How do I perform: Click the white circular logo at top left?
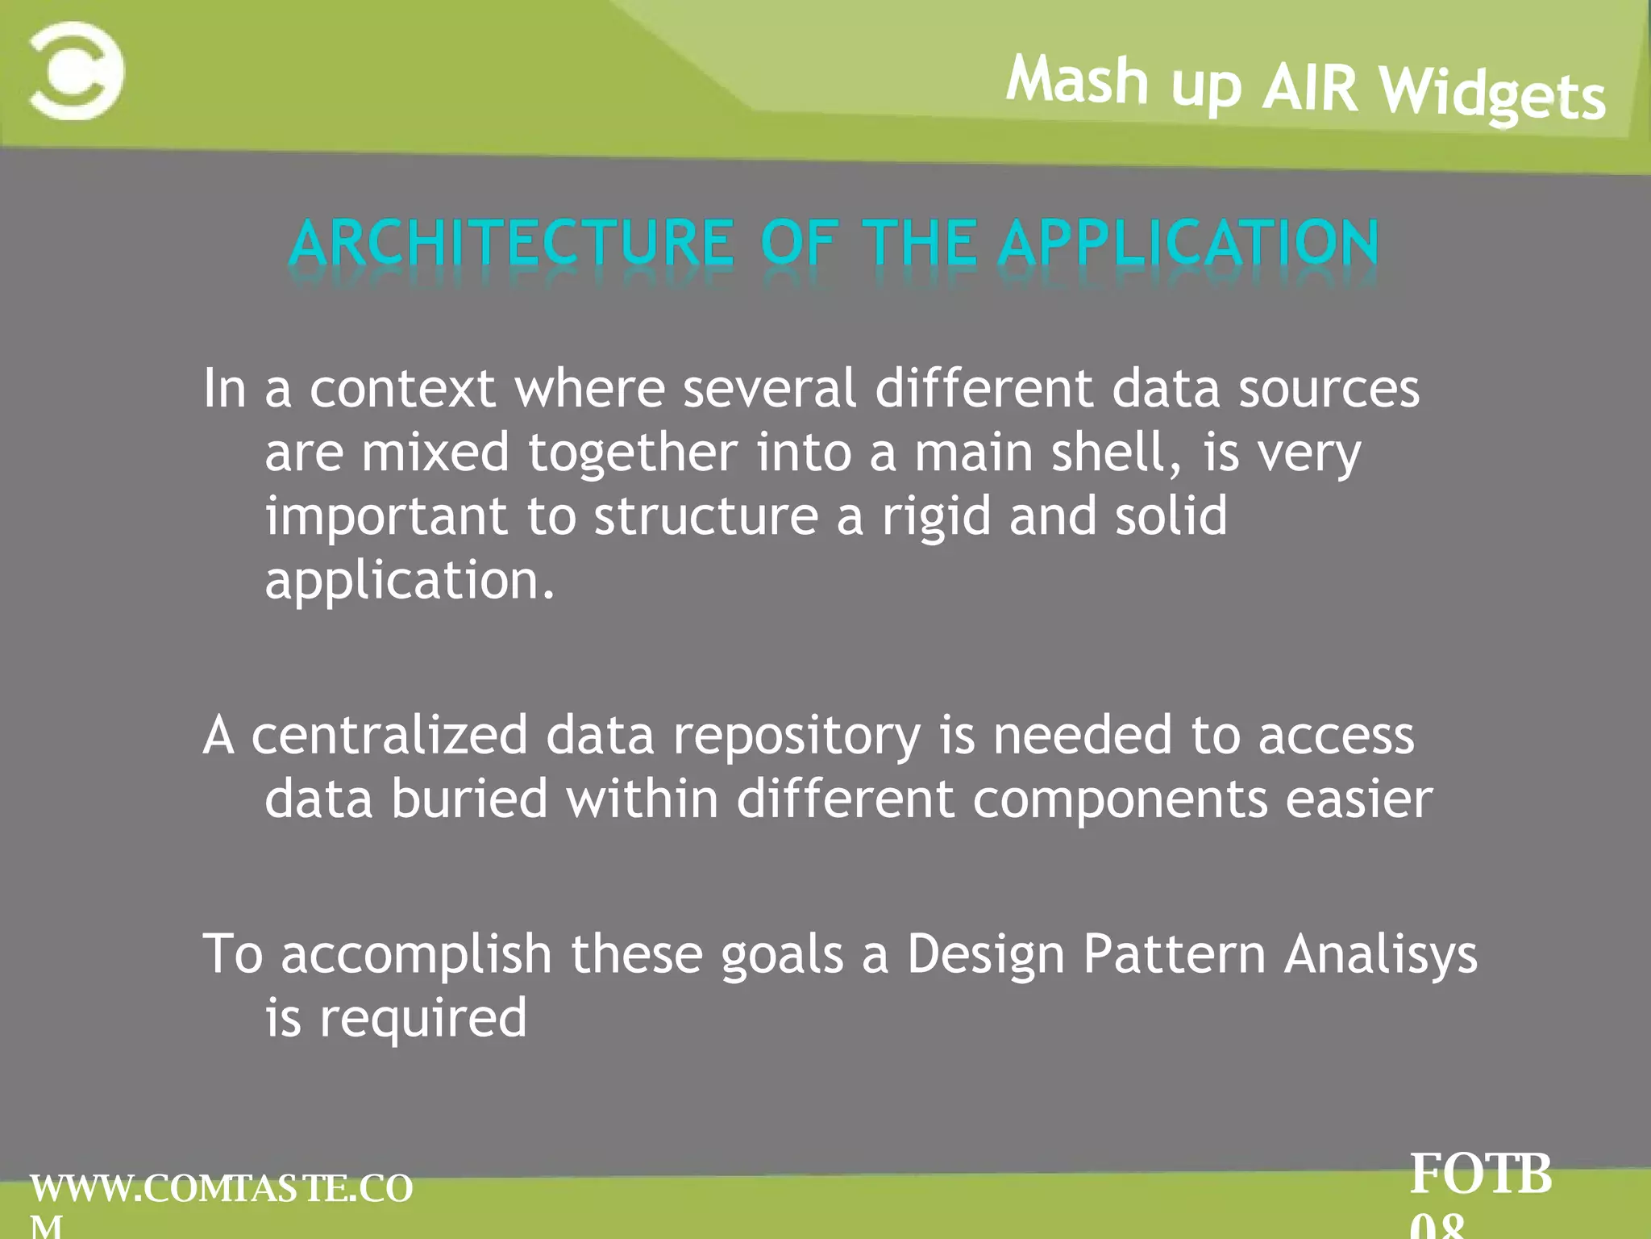click(x=77, y=71)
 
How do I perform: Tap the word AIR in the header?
click(x=1310, y=87)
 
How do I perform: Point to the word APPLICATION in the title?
click(x=1188, y=243)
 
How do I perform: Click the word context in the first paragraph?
click(x=402, y=390)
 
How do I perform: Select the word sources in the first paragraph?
click(x=1329, y=390)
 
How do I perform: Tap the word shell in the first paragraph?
click(x=1109, y=453)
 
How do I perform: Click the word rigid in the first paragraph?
click(x=935, y=516)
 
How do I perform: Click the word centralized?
click(x=389, y=736)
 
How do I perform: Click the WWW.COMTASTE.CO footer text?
click(x=222, y=1189)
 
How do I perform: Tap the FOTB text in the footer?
click(x=1480, y=1174)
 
